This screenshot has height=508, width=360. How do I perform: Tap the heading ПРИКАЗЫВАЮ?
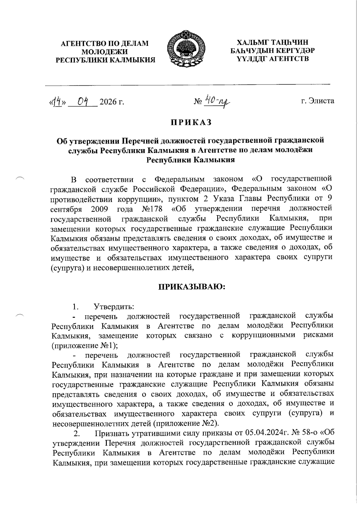click(x=191, y=287)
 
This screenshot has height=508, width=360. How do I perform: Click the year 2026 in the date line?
click(x=108, y=102)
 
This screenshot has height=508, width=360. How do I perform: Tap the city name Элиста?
click(x=322, y=101)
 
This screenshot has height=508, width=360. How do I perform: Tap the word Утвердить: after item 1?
click(x=114, y=307)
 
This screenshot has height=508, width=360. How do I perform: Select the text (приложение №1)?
click(x=85, y=345)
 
